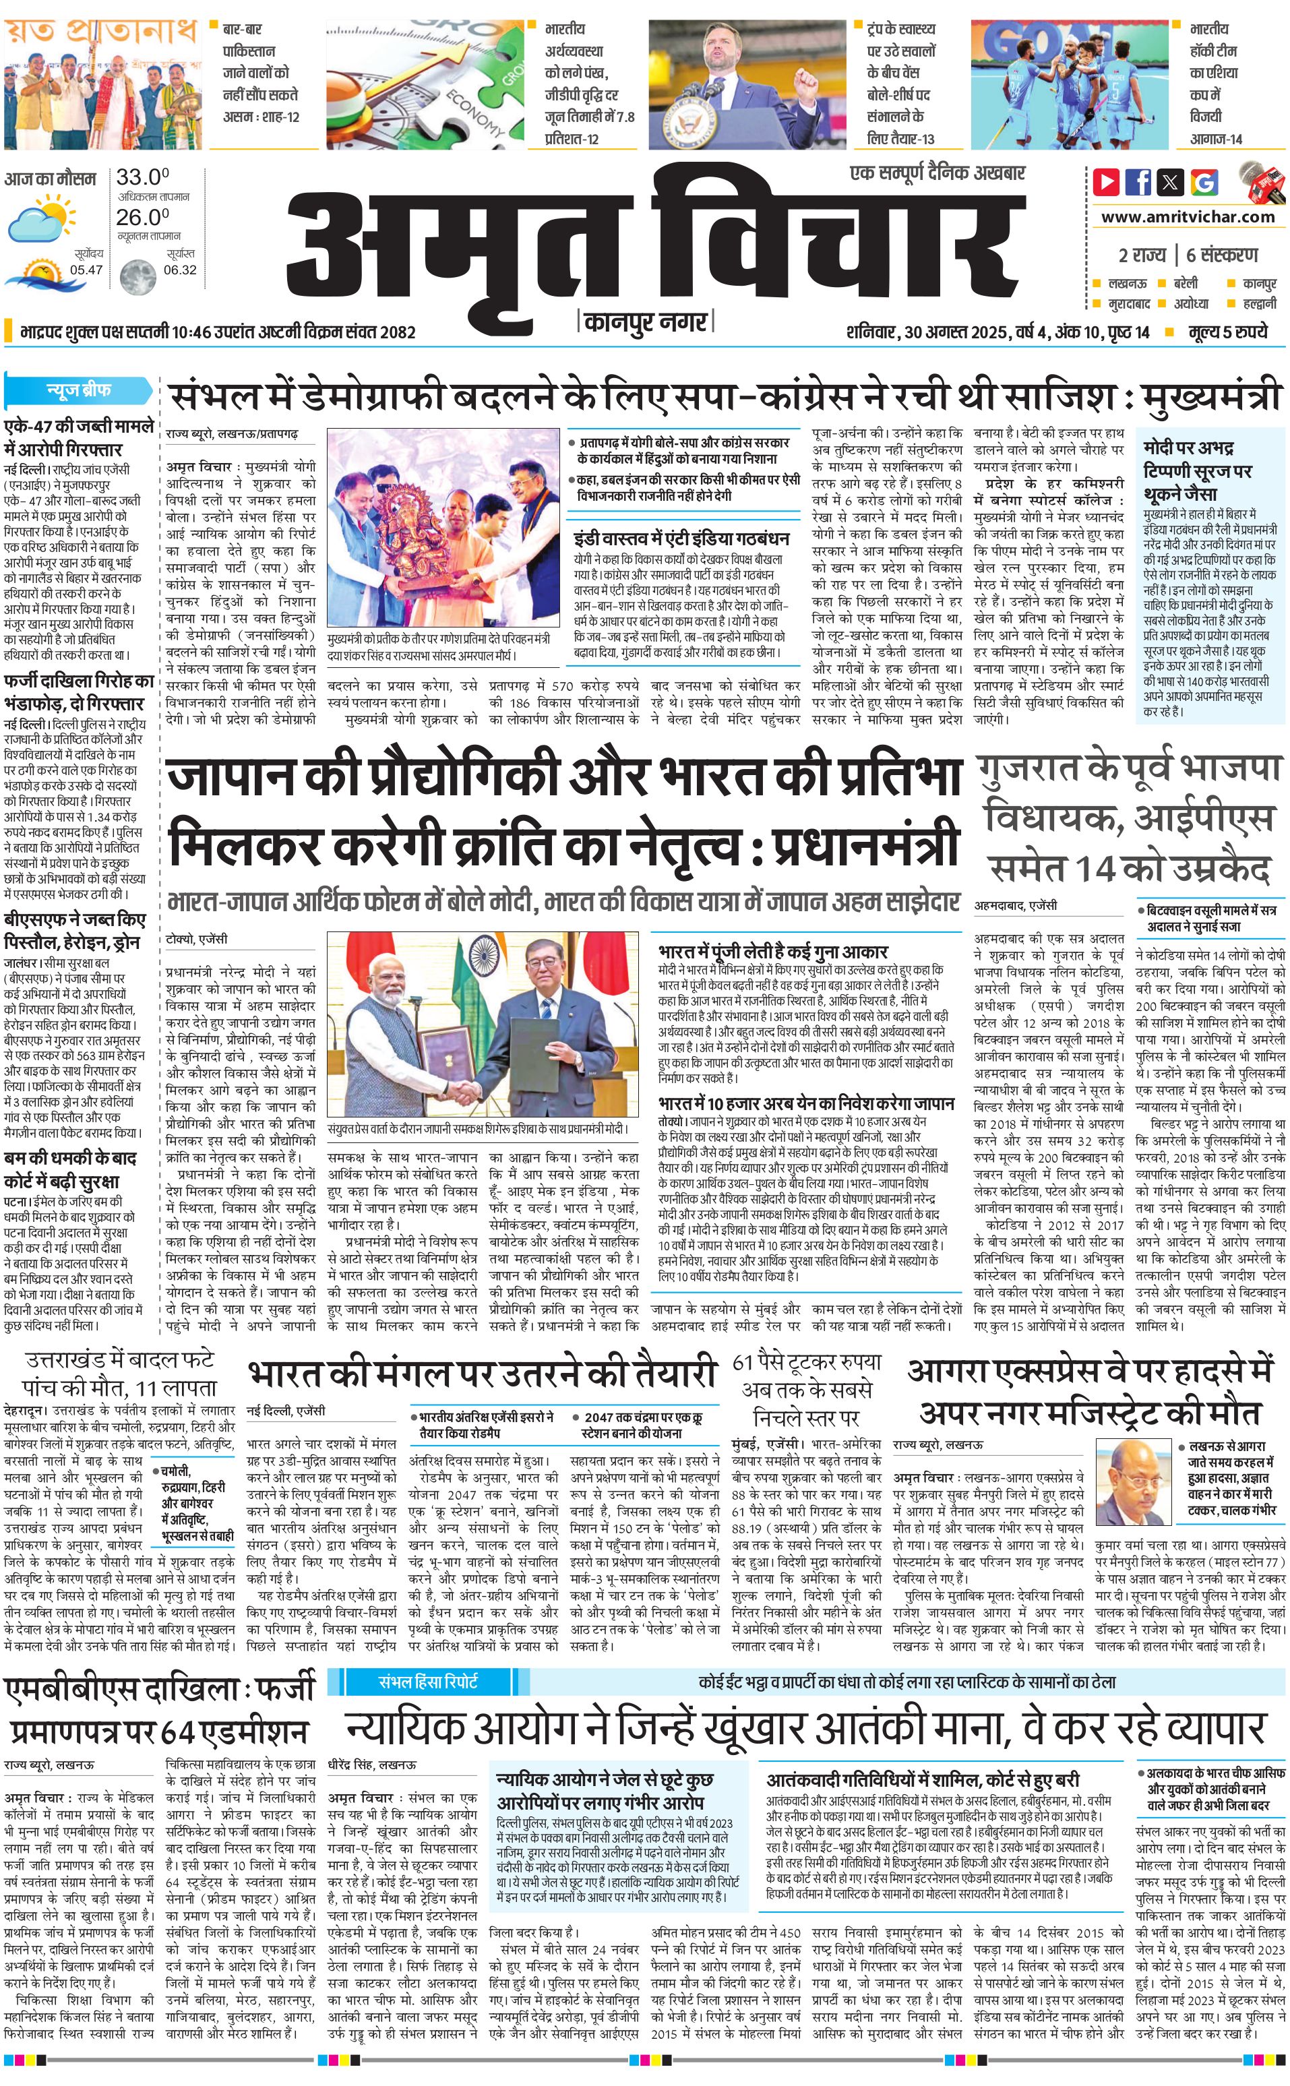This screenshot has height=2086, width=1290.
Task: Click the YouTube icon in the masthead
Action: [x=1106, y=182]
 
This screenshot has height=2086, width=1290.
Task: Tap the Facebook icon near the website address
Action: [x=1138, y=182]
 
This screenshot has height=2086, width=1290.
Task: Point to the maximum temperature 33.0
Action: [x=142, y=177]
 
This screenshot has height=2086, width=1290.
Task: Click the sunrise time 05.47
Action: [x=86, y=270]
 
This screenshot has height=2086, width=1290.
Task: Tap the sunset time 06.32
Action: [x=180, y=270]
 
